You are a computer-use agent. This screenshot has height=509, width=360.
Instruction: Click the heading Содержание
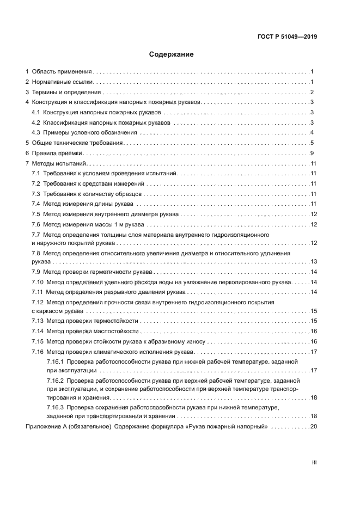click(x=172, y=54)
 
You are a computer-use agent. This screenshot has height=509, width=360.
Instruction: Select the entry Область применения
click(x=62, y=71)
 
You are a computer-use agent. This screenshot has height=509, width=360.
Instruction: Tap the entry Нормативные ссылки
click(x=63, y=82)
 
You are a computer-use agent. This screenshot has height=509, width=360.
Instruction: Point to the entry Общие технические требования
click(x=78, y=143)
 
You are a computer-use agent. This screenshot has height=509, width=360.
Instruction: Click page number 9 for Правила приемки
click(x=312, y=153)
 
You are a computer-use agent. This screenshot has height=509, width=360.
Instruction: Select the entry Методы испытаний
click(x=59, y=163)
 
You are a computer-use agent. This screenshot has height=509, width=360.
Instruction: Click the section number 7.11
click(x=38, y=292)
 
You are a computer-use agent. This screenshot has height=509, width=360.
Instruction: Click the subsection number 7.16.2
click(x=56, y=381)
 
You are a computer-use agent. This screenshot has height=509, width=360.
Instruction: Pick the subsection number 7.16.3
click(x=56, y=408)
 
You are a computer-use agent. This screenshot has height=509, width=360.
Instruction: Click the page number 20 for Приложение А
click(x=313, y=426)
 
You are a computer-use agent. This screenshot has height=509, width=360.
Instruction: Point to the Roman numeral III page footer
click(x=314, y=462)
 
